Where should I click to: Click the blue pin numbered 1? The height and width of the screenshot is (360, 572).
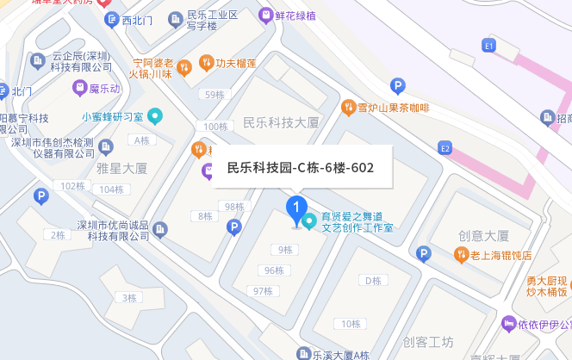pos(296,209)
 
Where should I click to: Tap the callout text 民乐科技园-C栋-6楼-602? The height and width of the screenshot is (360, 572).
pos(300,168)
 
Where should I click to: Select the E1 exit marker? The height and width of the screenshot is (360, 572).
pos(490,45)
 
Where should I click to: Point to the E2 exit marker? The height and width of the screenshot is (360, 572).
pos(445,148)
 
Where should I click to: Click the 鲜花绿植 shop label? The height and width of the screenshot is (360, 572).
pos(294,16)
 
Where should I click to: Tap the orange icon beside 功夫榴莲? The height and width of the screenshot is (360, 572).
pos(206,62)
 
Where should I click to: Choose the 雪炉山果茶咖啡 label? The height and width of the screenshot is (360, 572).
pos(393,108)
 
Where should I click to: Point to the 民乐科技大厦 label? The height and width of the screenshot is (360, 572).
pos(281,123)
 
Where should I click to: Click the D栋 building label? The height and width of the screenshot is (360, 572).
pos(372,281)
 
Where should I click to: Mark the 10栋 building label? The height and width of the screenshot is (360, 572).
pos(350,324)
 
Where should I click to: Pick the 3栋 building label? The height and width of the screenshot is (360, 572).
pos(129,298)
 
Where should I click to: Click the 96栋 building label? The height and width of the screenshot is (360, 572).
pos(273,270)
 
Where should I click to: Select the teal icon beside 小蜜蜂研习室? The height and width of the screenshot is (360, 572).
pos(155,116)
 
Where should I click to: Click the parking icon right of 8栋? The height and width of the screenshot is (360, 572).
pos(233,227)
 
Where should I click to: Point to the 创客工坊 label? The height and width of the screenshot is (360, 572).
pos(428,342)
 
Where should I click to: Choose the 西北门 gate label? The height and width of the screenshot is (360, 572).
pos(134,20)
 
